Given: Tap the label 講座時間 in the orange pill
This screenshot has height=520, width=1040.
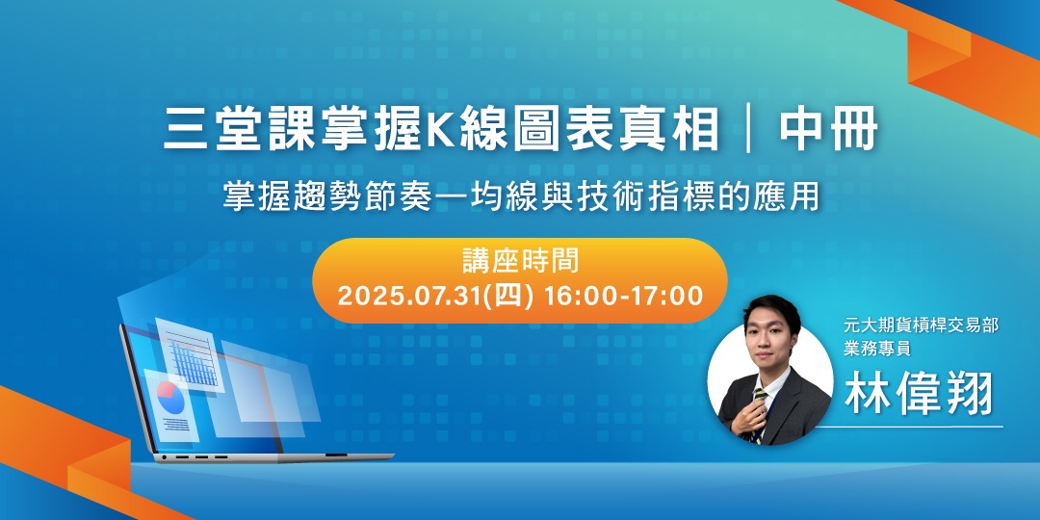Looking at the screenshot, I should pos(520,260).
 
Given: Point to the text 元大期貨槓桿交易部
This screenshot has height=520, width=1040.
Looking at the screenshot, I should pos(920,326).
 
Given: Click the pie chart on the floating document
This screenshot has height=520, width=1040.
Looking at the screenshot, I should pos(170,393).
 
